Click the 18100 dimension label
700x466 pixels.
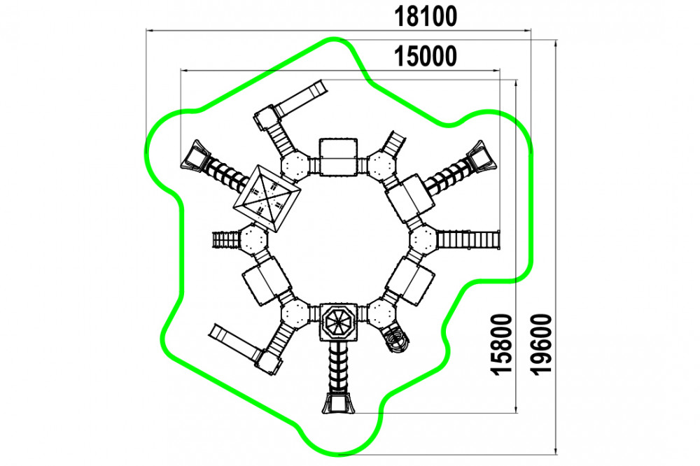tap(426, 17)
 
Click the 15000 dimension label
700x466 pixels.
tap(426, 57)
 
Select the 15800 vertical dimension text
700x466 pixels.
tap(501, 344)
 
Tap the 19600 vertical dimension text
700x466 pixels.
tap(542, 344)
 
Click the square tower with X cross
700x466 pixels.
tap(267, 198)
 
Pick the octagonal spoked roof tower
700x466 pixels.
tap(338, 322)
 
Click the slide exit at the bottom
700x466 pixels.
tap(338, 404)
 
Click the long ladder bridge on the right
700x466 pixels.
tap(468, 239)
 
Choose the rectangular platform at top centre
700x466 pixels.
tap(338, 157)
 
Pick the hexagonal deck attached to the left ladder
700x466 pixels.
tap(253, 239)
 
